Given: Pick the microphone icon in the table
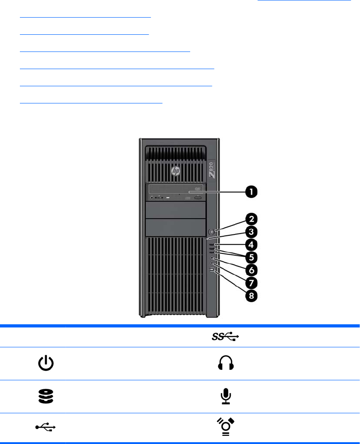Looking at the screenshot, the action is pyautogui.click(x=225, y=396).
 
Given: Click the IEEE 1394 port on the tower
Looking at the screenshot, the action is pyautogui.click(x=211, y=271).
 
